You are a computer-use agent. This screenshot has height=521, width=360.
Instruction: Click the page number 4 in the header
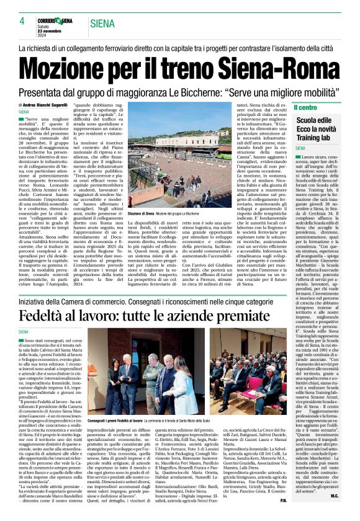click(22, 22)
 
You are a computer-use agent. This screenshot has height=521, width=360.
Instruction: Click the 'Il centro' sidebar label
click(306, 107)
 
